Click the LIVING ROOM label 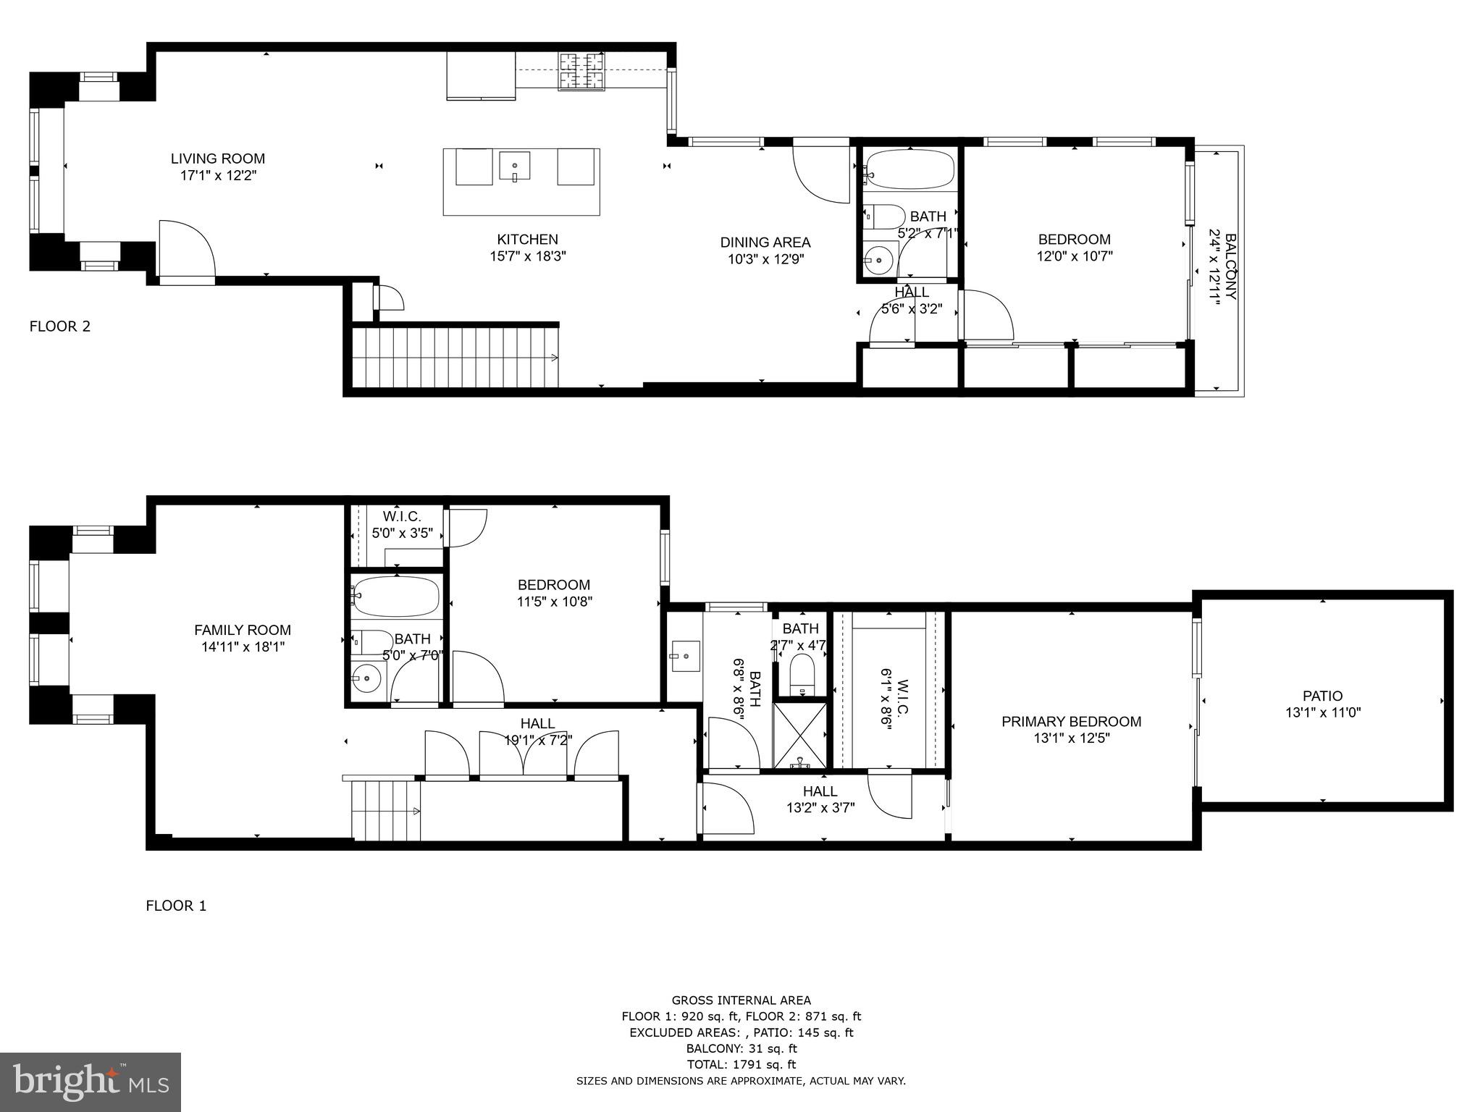point(218,159)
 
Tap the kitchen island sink point(514,166)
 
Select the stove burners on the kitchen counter point(581,72)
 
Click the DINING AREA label point(765,243)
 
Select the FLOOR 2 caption point(59,327)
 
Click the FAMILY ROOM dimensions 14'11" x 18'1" point(243,647)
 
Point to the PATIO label point(1322,696)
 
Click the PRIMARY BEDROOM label point(1071,722)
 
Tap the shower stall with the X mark point(799,733)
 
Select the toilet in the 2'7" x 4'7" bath point(802,671)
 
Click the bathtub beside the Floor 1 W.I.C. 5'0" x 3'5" point(396,597)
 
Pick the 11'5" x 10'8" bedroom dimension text point(555,602)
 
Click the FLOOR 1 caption point(176,906)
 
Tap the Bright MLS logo point(91,1082)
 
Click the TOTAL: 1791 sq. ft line point(741,1064)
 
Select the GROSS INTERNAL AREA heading point(741,1001)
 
